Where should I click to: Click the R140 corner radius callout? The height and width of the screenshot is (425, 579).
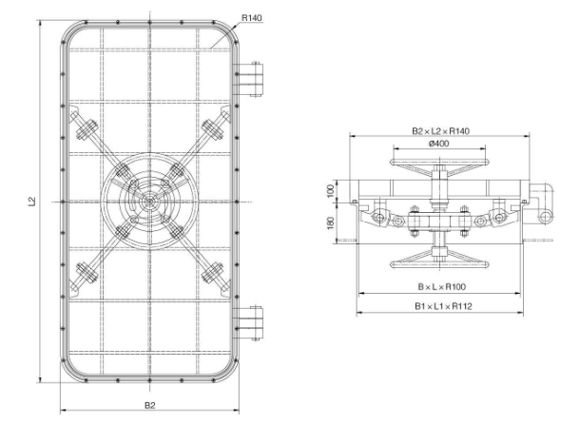coord(251,18)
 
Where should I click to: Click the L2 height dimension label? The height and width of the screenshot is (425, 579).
coord(32,202)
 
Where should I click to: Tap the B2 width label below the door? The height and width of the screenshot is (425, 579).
coord(149,405)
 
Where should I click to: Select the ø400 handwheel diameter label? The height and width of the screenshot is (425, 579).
coord(439,144)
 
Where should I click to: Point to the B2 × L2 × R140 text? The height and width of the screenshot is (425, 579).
coord(440,131)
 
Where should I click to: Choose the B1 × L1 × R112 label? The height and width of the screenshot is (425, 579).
coord(443,306)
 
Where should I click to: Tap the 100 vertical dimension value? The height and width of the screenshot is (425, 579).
coord(331,190)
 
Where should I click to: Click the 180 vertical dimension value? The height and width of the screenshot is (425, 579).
coord(331,222)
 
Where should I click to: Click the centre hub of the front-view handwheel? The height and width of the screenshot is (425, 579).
coord(149,202)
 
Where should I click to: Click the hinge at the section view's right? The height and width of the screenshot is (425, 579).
coord(540,203)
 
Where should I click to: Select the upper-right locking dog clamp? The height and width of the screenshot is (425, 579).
coord(213,129)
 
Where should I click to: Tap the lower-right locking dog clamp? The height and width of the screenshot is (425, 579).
coord(213,273)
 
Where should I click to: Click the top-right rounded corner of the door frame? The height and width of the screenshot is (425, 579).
coord(228,31)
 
